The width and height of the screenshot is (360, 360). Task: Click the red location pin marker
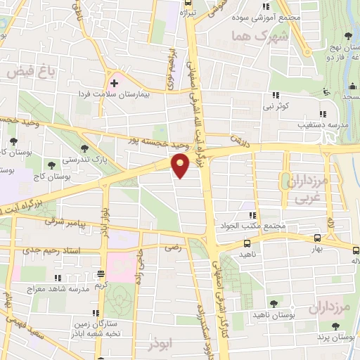pyautogui.click(x=181, y=166)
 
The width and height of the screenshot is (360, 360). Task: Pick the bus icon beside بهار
pyautogui.click(x=317, y=238)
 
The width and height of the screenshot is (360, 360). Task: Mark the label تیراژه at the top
pyautogui.click(x=186, y=13)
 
